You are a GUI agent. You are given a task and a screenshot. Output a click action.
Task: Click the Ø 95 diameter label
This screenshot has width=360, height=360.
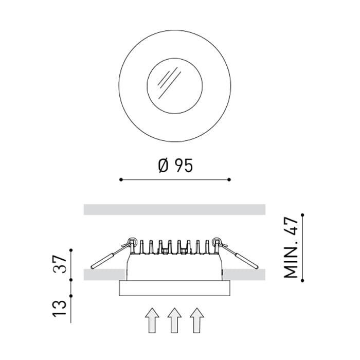176,166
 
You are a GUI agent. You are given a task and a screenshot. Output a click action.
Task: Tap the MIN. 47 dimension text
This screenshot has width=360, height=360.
291,248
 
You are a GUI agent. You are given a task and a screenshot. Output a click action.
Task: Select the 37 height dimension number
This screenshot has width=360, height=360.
60,264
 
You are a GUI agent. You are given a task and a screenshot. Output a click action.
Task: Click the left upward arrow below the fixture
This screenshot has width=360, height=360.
152,320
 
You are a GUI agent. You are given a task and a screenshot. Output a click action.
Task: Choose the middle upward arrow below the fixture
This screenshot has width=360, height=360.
174,320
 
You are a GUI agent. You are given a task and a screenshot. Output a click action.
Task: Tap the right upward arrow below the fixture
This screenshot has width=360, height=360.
197,320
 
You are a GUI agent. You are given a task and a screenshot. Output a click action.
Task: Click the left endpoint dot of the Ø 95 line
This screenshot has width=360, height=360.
121,179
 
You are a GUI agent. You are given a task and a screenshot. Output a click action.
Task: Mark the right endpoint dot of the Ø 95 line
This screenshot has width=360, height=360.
229,179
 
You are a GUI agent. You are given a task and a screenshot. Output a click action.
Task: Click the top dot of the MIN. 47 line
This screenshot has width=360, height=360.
302,215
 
